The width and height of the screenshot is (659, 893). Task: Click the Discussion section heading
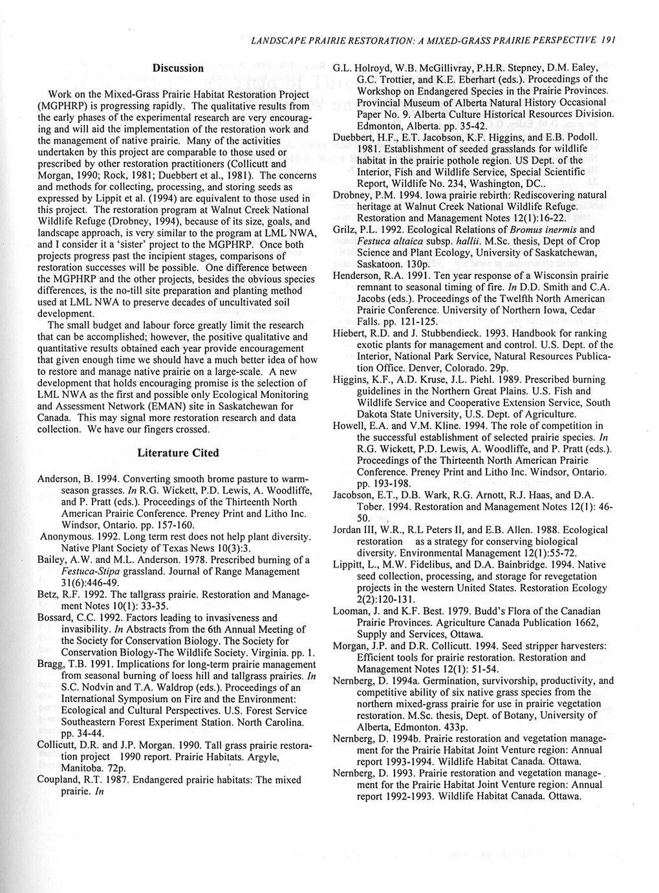178,67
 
